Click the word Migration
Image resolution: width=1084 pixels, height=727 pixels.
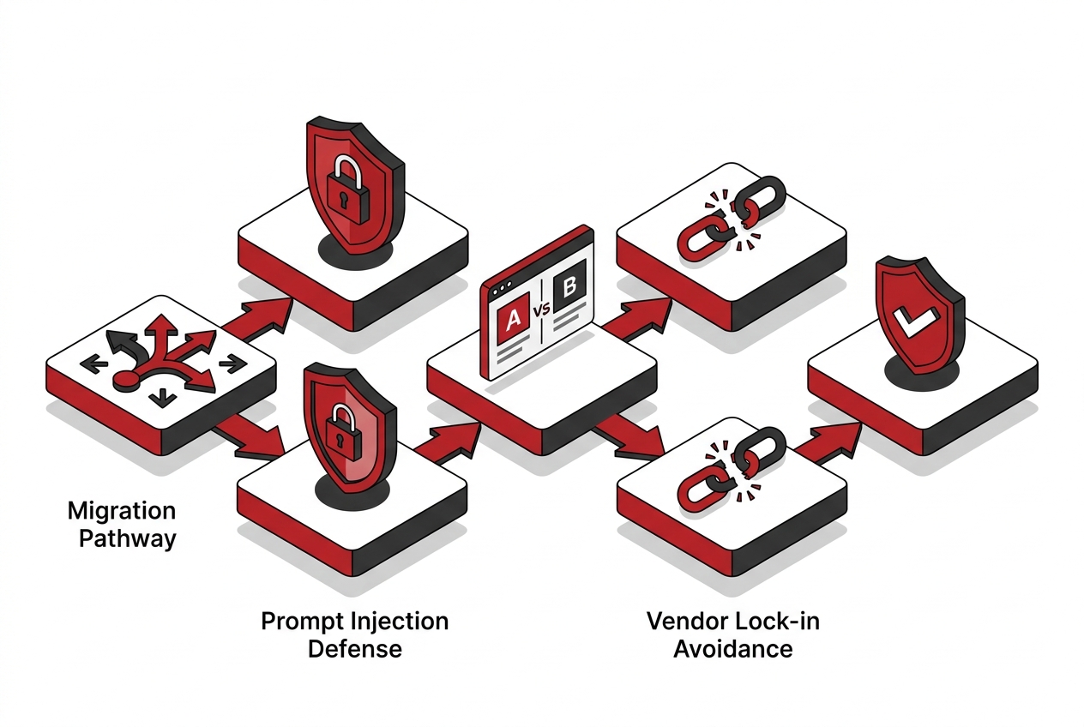[122, 511]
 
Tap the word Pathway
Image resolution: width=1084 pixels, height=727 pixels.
[127, 539]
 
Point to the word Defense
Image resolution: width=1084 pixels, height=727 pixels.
[355, 649]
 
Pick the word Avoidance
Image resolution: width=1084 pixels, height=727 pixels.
[733, 649]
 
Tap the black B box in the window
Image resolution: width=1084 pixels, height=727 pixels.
[569, 285]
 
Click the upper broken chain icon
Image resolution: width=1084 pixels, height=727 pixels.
[731, 218]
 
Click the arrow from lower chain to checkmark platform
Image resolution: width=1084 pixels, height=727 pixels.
[827, 442]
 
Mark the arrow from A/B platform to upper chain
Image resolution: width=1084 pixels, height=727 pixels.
[637, 318]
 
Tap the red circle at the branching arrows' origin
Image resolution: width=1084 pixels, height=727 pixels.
[124, 380]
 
